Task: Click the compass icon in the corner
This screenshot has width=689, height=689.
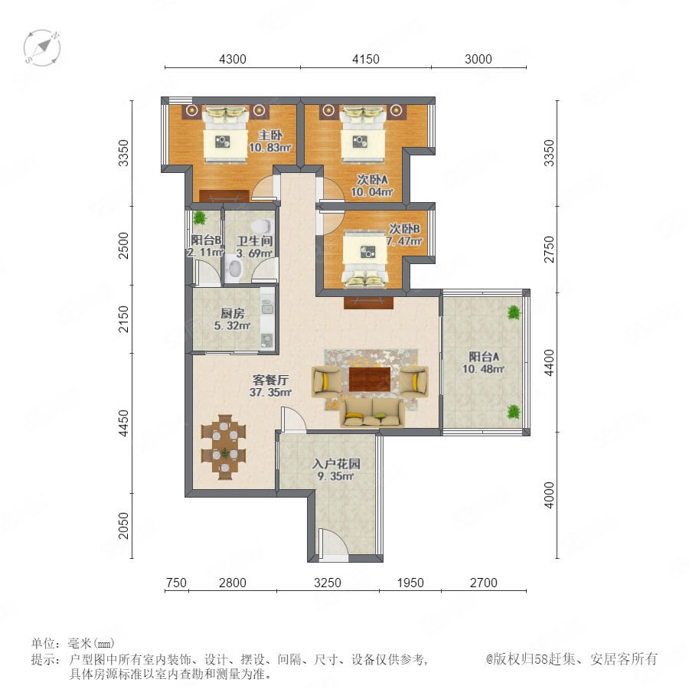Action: [x=42, y=48]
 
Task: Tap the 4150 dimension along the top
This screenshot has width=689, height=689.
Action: [x=366, y=59]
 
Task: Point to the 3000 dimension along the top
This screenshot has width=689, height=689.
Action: [x=478, y=59]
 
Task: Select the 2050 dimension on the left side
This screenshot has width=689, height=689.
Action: [x=124, y=525]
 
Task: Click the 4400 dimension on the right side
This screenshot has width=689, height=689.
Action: [x=549, y=363]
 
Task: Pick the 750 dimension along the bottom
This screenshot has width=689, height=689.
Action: [x=176, y=583]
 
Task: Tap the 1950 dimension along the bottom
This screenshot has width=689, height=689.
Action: [x=410, y=583]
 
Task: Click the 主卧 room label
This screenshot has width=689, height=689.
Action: [x=269, y=136]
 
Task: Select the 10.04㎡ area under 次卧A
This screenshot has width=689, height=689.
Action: [x=371, y=192]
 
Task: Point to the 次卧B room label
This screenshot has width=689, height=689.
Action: [x=404, y=228]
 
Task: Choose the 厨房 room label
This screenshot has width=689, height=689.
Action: [x=232, y=313]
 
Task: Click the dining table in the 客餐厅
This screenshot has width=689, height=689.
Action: [x=224, y=447]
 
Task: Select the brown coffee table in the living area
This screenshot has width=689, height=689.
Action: [x=370, y=379]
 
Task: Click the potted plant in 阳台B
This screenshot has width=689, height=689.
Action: [x=200, y=217]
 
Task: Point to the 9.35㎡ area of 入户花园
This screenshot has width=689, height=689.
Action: [x=336, y=476]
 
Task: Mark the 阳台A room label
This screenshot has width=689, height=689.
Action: [x=483, y=357]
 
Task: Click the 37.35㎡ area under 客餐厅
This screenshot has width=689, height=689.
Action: [x=270, y=392]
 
